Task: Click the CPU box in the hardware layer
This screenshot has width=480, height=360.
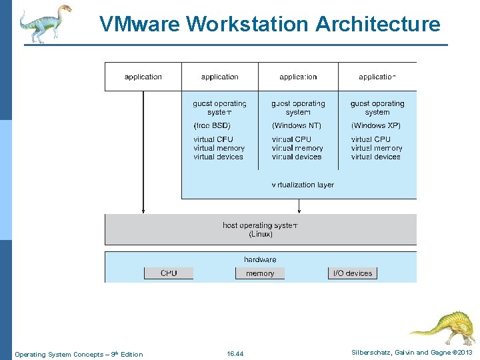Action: (169, 273)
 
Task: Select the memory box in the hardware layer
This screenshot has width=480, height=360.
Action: (260, 273)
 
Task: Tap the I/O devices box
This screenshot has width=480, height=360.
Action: (353, 273)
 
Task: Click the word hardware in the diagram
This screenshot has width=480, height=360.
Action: (260, 259)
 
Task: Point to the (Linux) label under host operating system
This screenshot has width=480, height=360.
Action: (260, 234)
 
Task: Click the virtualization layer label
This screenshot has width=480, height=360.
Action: (303, 185)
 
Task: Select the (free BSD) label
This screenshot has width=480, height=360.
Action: (212, 125)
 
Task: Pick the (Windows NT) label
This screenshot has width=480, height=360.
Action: (297, 125)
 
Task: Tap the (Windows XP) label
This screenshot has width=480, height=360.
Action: (376, 125)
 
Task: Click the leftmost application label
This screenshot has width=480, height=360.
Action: (143, 77)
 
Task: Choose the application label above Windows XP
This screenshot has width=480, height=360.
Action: (377, 77)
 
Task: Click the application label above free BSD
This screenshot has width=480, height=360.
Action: (219, 77)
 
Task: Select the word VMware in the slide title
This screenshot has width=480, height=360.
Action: (140, 25)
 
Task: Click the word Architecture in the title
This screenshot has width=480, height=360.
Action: (377, 25)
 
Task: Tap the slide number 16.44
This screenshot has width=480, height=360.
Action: (235, 354)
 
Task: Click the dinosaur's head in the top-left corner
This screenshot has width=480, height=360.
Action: (63, 11)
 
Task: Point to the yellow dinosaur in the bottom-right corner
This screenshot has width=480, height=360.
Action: (443, 327)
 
